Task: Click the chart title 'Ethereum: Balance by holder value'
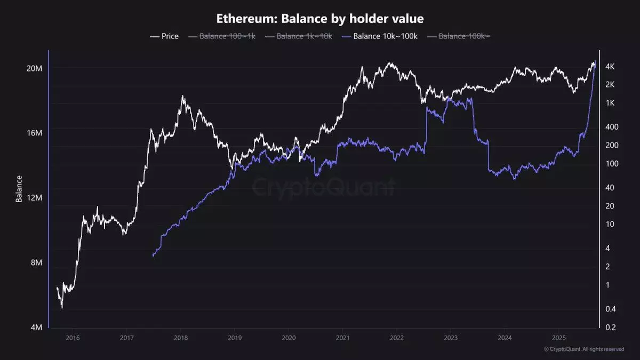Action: click(x=319, y=19)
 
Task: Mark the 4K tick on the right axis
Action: click(x=611, y=67)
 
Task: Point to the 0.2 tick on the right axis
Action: click(x=611, y=327)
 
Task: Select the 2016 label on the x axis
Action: click(x=73, y=338)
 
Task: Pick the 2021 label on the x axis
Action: click(x=342, y=338)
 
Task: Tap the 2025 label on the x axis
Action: click(x=558, y=338)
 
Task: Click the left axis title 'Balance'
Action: click(x=19, y=189)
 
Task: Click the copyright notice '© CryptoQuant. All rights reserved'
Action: click(x=583, y=349)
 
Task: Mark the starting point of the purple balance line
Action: click(x=153, y=256)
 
